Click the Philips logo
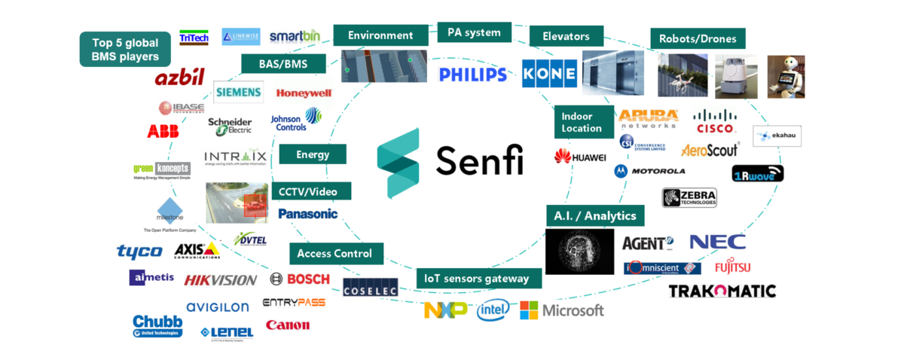[x=472, y=75]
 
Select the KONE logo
[x=549, y=74]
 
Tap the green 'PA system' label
[x=474, y=33]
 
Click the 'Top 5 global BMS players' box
[x=126, y=49]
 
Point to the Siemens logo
[x=238, y=93]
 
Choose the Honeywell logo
[x=304, y=93]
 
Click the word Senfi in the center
[x=479, y=160]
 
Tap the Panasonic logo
[x=307, y=214]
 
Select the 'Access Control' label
[x=335, y=254]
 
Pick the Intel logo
[x=493, y=310]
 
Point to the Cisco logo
[x=715, y=121]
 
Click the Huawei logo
[x=580, y=157]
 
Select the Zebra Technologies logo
[x=689, y=197]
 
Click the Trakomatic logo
[x=722, y=291]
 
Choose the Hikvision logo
[x=220, y=280]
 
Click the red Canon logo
[x=287, y=325]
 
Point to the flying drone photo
[x=683, y=75]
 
